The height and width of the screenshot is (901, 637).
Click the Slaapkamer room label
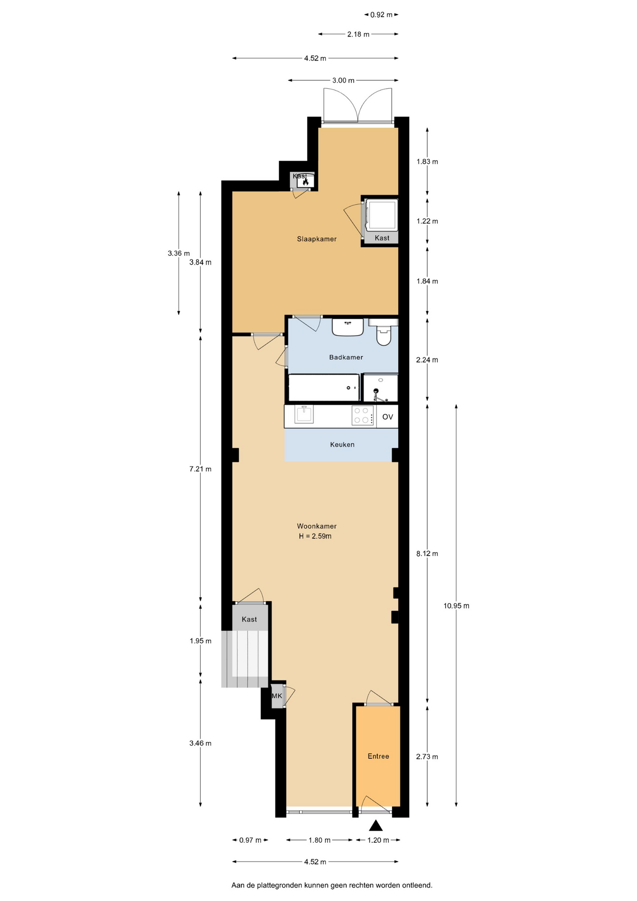(317, 239)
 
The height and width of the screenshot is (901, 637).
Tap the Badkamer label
(346, 357)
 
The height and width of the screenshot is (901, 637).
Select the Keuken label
(342, 444)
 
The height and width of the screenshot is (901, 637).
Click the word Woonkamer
(317, 526)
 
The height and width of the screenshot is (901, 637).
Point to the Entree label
(378, 756)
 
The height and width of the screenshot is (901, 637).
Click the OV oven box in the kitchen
(387, 417)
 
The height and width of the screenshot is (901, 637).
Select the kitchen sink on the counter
(304, 414)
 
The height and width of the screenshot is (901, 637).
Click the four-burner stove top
(363, 415)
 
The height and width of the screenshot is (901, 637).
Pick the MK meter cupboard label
(277, 695)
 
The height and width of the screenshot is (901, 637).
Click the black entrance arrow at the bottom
(376, 825)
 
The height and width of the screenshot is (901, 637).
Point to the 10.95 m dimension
(456, 606)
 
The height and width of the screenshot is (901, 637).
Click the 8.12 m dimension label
(427, 554)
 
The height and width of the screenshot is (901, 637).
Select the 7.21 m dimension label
(200, 469)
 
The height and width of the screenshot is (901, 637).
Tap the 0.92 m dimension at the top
(381, 15)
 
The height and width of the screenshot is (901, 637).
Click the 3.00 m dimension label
(343, 80)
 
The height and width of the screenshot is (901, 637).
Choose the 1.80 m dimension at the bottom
(319, 840)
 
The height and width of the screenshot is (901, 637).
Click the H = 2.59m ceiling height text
(315, 536)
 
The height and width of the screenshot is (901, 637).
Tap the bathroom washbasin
(348, 327)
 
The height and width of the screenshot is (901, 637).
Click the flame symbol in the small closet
(305, 181)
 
